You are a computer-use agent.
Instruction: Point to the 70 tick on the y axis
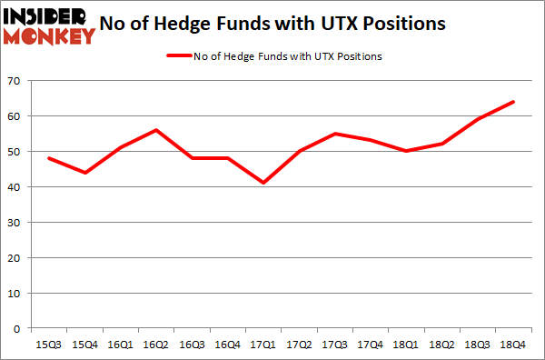coord(15,82)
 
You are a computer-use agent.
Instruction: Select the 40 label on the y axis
coord(15,187)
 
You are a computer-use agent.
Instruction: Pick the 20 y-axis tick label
coord(15,258)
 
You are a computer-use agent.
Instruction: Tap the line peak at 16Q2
coord(157,130)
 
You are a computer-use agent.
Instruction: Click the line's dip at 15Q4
coord(84,173)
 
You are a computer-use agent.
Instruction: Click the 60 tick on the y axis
coord(15,116)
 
